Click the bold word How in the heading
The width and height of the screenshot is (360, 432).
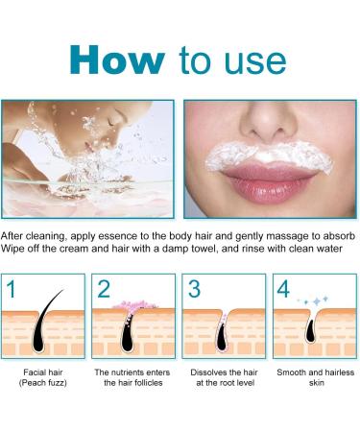click(117, 60)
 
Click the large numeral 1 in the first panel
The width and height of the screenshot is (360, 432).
click(11, 289)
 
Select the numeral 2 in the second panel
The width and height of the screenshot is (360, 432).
click(104, 289)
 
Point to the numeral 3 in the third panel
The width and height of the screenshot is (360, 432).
click(194, 289)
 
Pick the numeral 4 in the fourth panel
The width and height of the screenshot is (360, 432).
click(283, 289)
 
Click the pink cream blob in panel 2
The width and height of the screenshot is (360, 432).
click(134, 304)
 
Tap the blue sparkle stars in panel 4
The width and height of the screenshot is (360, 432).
click(314, 300)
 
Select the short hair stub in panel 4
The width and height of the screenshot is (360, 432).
click(310, 331)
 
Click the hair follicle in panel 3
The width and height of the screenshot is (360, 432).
click(223, 334)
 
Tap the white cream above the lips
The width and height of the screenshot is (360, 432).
click(270, 156)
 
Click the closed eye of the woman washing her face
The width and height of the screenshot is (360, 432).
click(112, 122)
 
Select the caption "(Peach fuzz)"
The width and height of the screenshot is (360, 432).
click(43, 383)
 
